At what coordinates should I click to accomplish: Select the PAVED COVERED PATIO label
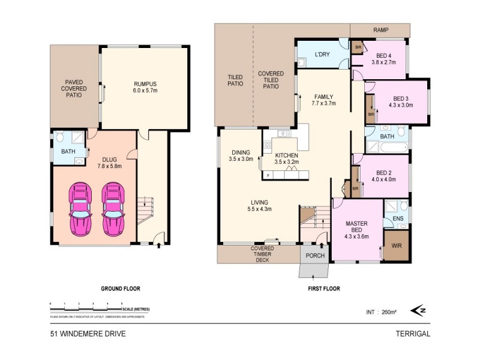pyautogui.click(x=75, y=89)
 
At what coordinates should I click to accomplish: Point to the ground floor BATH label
pyautogui.click(x=67, y=151)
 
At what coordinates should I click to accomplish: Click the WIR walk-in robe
pyautogui.click(x=396, y=246)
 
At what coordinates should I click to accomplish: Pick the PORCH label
pyautogui.click(x=316, y=256)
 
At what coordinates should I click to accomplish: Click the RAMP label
pyautogui.click(x=380, y=29)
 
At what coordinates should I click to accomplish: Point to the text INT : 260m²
pyautogui.click(x=382, y=312)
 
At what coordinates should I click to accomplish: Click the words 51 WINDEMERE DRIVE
pyautogui.click(x=88, y=334)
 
